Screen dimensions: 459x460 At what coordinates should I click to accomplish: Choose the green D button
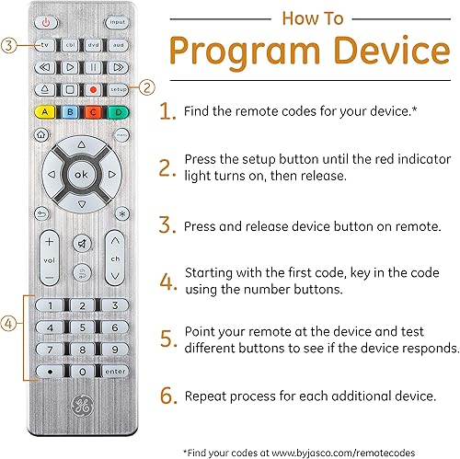(x=117, y=112)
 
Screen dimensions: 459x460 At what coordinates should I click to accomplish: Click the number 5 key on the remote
(x=82, y=327)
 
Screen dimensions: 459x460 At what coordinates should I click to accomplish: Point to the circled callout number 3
(x=9, y=45)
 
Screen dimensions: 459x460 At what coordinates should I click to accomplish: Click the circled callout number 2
(x=148, y=88)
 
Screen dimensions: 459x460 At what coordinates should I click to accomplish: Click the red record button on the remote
(x=93, y=89)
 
